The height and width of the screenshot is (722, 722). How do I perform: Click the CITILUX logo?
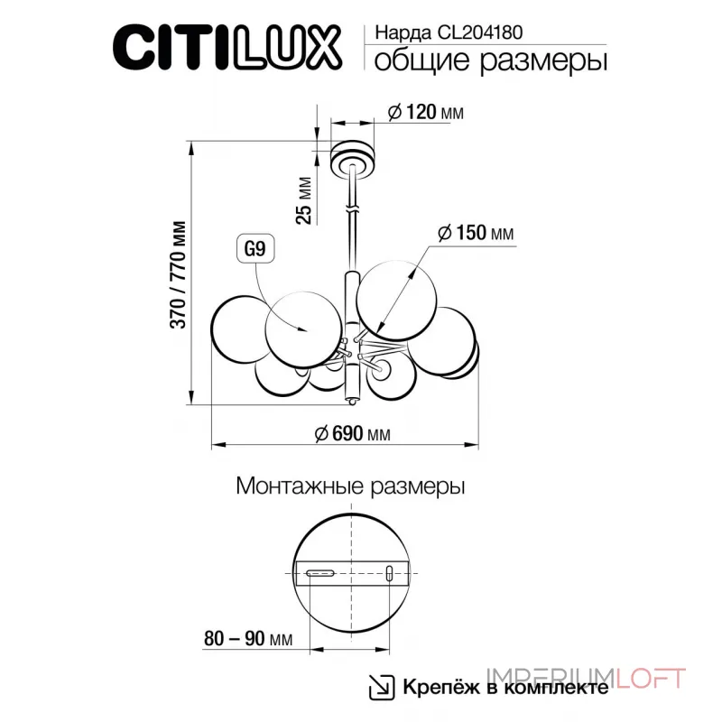[x=227, y=45]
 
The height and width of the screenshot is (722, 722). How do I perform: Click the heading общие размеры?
[x=488, y=61]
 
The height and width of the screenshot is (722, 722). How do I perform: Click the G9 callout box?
[x=254, y=250]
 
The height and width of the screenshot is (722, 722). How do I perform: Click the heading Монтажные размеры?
[x=350, y=487]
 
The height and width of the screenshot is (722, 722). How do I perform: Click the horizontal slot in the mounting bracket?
[x=319, y=572]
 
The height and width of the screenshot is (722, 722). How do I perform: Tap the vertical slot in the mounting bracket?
[x=390, y=573]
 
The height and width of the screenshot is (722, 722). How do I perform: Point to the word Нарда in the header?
[x=397, y=31]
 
